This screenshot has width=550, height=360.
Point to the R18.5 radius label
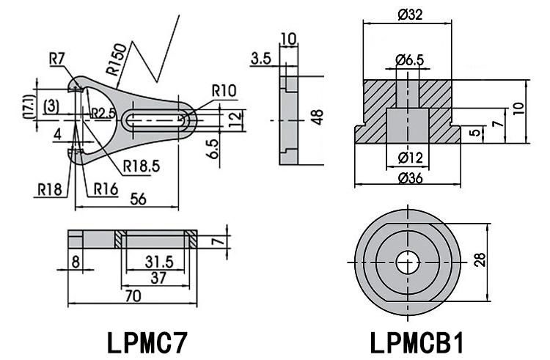pos(141,165)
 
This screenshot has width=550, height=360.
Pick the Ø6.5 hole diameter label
pos(408,59)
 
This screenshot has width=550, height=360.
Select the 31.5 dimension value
pos(155,260)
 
